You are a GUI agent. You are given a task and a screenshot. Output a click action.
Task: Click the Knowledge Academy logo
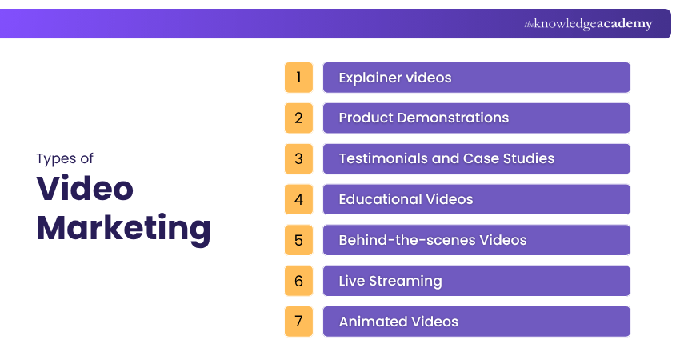(588, 24)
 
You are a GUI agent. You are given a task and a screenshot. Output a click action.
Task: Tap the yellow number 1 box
(298, 78)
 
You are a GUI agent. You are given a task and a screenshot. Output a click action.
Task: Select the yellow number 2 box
(298, 118)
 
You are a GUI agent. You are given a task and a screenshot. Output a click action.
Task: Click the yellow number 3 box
(298, 159)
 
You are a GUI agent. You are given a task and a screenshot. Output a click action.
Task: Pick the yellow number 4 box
(298, 199)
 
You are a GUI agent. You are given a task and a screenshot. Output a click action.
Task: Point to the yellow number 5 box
(298, 240)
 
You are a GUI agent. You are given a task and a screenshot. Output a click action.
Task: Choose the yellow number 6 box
(298, 281)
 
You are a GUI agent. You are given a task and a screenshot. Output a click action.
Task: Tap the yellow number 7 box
(298, 322)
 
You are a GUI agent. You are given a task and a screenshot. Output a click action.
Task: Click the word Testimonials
(382, 158)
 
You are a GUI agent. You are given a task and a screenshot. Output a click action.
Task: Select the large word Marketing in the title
(124, 228)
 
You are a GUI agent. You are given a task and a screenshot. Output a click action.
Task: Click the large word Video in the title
(85, 189)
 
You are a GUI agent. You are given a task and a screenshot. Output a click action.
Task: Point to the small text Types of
(65, 158)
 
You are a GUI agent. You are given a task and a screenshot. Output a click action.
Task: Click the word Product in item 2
(366, 118)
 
